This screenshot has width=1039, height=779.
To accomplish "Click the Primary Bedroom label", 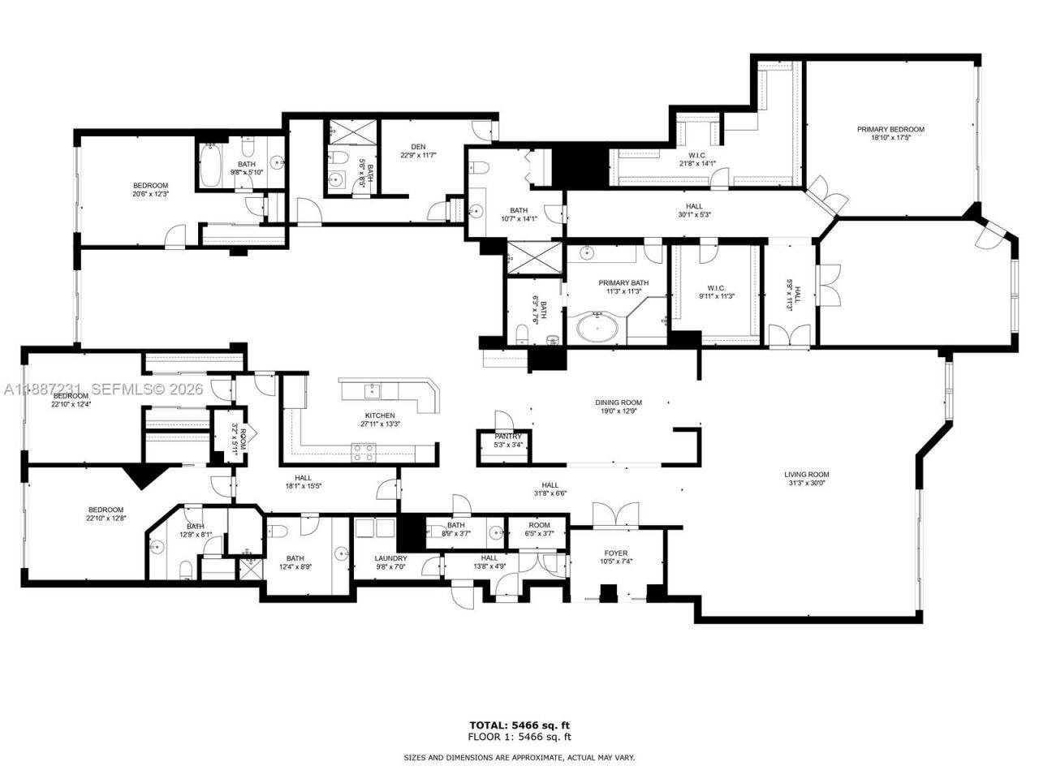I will tap(890, 129).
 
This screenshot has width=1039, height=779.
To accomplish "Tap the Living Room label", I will tap(806, 475).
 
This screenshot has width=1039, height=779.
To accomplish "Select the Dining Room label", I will tap(619, 402).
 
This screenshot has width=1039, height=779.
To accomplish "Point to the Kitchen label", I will tap(379, 415).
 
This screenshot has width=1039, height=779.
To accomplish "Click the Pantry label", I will tap(508, 437).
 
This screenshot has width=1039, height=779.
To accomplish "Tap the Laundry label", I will tap(390, 558).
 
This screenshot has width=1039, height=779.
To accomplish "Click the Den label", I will tap(418, 146).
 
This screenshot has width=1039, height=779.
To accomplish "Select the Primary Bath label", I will tap(620, 283).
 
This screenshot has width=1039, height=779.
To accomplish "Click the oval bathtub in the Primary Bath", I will tap(597, 329).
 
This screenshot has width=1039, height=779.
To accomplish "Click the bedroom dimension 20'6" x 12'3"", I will tap(150, 193).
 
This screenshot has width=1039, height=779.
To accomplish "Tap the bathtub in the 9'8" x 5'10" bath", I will tap(210, 166).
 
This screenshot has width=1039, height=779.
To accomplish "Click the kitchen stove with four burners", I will tap(363, 452).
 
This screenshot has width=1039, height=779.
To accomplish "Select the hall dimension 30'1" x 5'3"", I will tap(693, 215).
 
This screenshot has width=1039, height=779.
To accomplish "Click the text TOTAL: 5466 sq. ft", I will tap(519, 725).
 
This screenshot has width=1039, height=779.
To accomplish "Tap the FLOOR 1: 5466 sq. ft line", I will tap(519, 737).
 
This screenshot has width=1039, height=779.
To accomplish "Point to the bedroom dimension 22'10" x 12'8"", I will tap(106, 519).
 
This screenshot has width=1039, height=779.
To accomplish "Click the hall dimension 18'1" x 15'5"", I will tap(304, 486).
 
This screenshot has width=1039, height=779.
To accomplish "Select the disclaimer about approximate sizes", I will tap(519, 758).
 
